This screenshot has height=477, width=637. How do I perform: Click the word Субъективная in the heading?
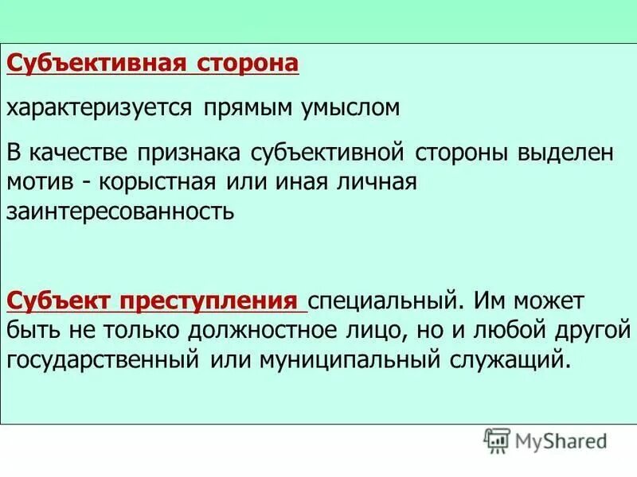pos(97,63)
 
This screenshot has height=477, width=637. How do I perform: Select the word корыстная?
pos(158,182)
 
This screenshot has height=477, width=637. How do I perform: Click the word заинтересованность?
pos(121,211)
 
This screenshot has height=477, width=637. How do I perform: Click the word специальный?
pos(382,302)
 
